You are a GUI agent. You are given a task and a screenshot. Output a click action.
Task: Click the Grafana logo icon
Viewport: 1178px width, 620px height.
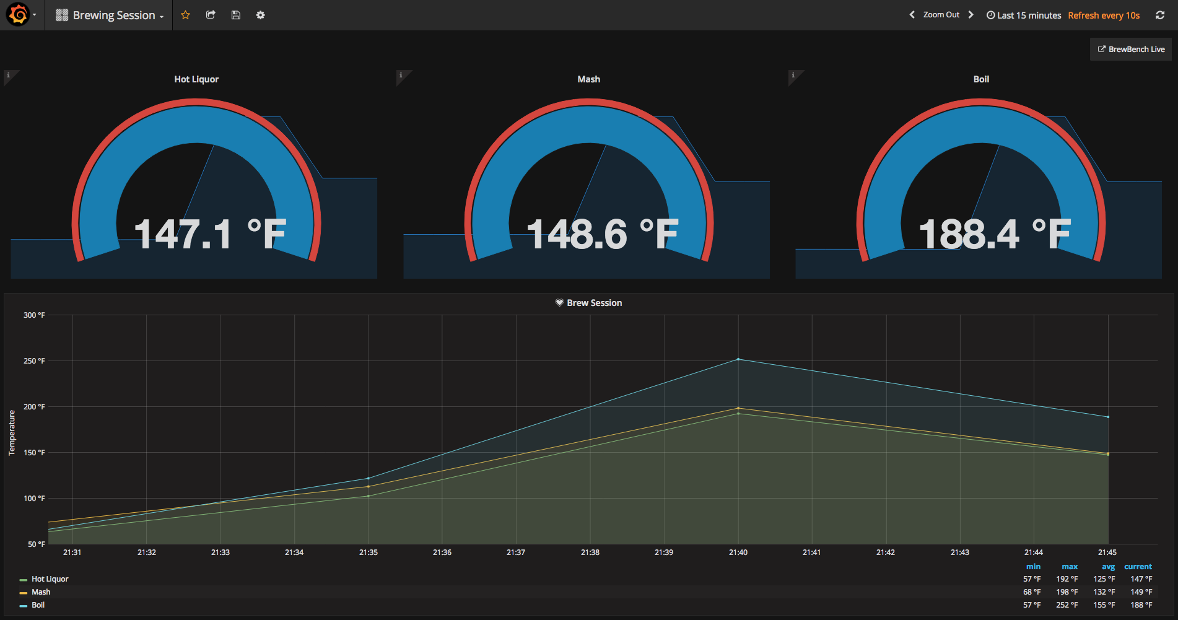(19, 15)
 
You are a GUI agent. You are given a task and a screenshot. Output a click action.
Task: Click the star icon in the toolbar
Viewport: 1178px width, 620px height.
(185, 15)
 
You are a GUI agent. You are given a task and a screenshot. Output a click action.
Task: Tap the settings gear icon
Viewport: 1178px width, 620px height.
(261, 15)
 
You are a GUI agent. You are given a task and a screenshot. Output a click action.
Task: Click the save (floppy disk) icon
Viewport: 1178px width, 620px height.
(235, 15)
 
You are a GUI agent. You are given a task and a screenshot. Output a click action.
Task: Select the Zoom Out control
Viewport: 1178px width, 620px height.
(941, 15)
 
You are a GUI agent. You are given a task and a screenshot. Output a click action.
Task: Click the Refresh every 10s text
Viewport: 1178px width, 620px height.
(1104, 15)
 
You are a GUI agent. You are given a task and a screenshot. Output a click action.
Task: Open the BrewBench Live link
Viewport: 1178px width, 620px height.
(1131, 50)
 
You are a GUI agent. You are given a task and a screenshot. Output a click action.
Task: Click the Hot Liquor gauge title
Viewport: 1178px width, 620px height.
(196, 79)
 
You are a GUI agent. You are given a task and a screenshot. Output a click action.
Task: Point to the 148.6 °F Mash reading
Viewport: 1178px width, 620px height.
(602, 235)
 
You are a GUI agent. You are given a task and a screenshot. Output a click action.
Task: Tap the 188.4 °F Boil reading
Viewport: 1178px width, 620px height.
(994, 235)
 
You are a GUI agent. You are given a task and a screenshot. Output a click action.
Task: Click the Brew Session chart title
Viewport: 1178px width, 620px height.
(594, 303)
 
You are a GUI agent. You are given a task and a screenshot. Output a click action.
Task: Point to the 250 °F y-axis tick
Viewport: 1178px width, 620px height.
(34, 361)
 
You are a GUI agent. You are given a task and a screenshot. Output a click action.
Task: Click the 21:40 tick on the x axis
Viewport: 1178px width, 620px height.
(738, 552)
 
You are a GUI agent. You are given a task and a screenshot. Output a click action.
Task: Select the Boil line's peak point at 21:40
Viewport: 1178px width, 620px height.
(738, 359)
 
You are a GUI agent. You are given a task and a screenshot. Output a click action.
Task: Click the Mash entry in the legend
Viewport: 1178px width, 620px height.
(41, 592)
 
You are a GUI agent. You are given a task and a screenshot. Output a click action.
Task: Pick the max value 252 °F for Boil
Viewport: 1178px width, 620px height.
(1067, 605)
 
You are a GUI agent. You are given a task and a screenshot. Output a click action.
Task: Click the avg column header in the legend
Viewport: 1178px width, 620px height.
(1108, 567)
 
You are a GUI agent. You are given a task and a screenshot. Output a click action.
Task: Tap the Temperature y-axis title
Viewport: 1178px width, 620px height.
(12, 433)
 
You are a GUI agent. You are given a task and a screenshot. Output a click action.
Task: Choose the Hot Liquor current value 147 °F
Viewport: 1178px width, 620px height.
(1141, 579)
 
